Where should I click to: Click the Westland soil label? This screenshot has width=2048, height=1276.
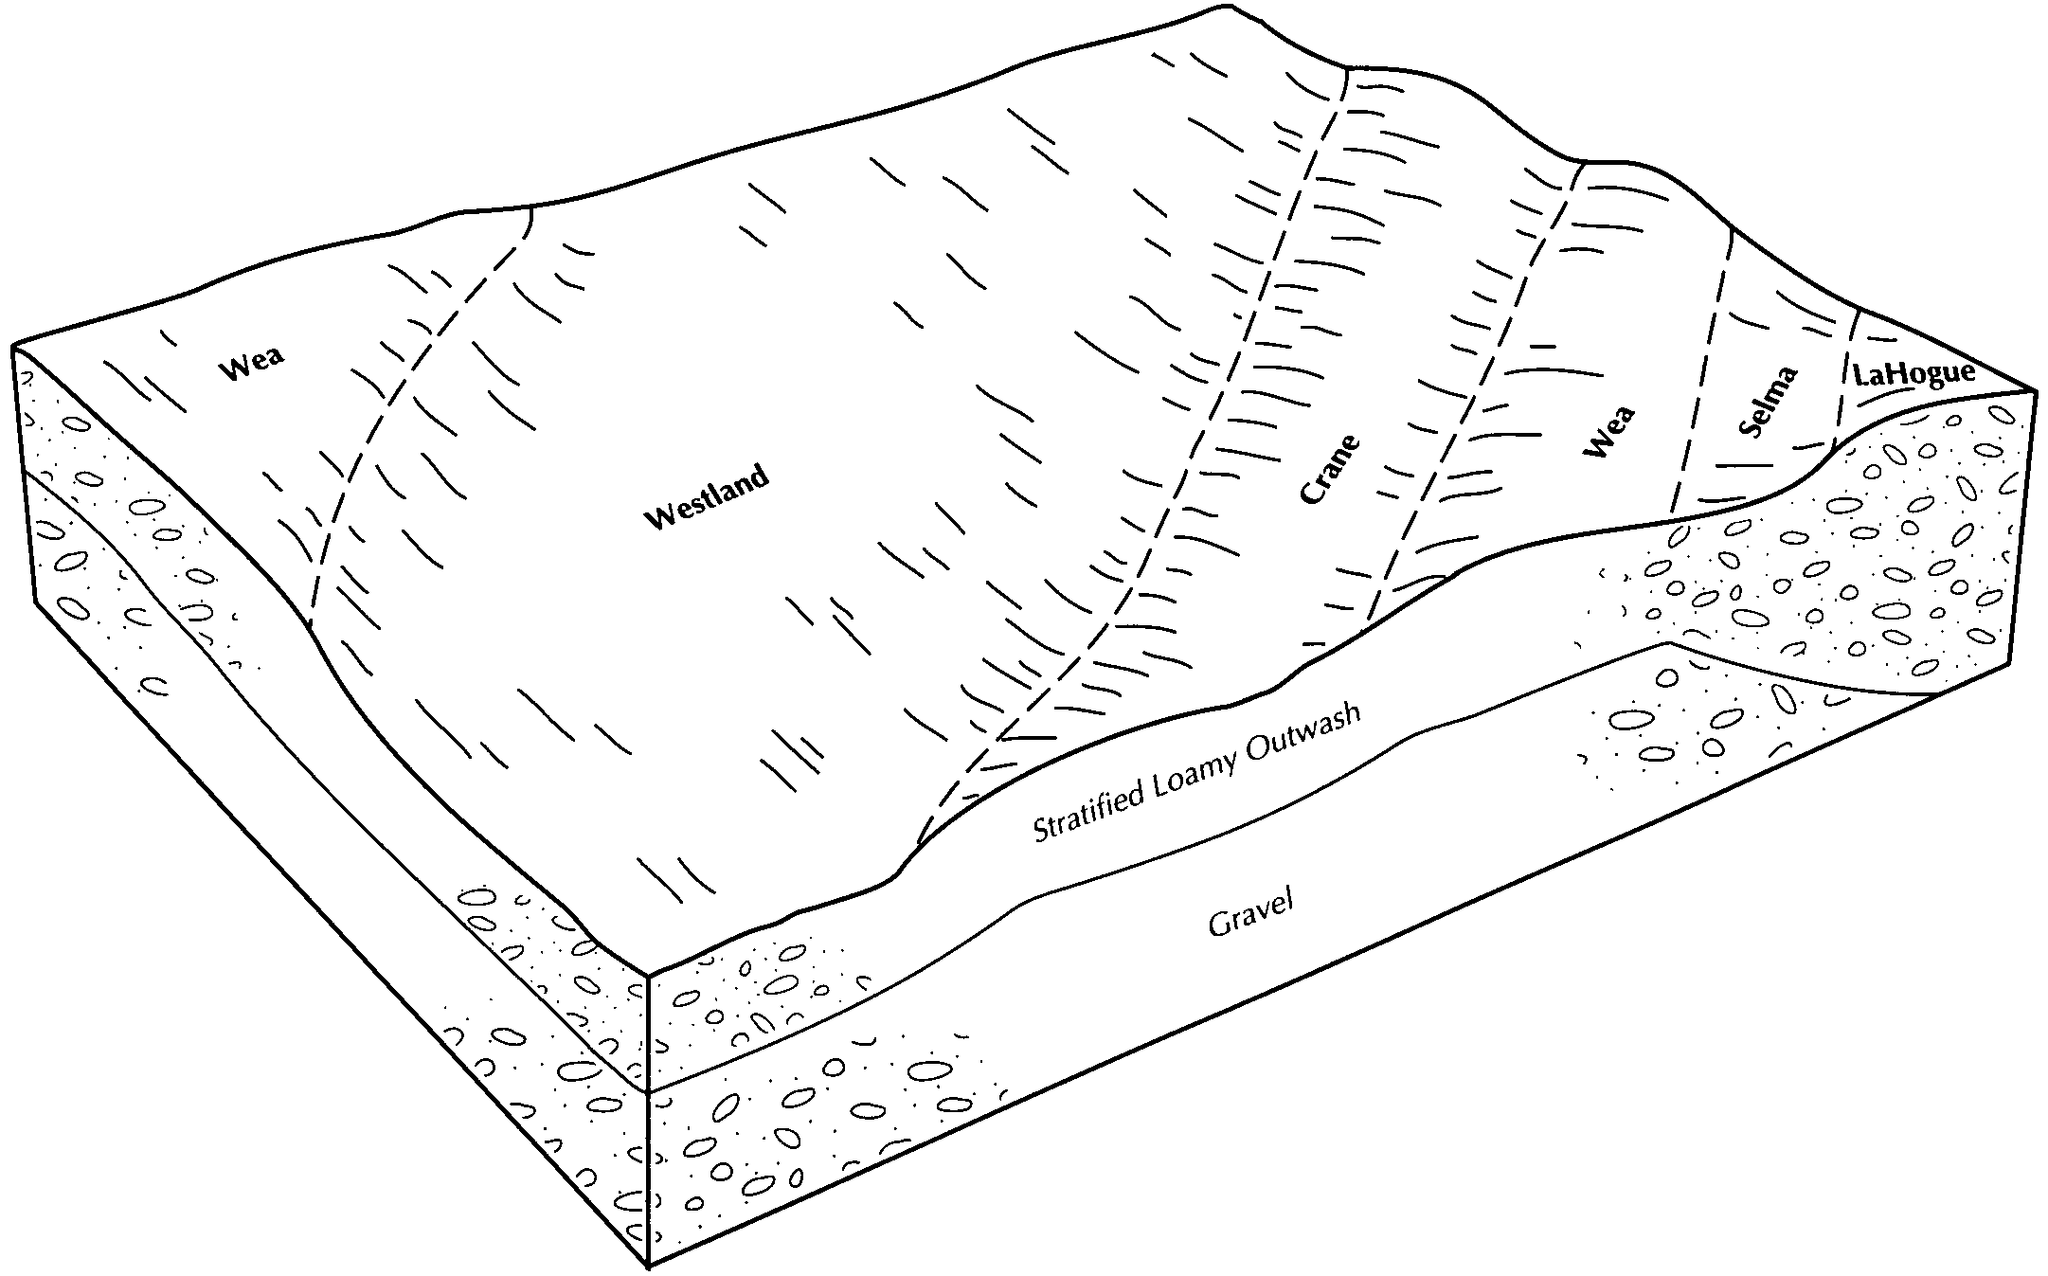(x=707, y=497)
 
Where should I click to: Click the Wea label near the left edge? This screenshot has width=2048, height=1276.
(x=252, y=365)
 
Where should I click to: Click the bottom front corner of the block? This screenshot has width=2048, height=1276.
(x=648, y=1267)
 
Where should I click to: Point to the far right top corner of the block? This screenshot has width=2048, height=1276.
(x=2034, y=389)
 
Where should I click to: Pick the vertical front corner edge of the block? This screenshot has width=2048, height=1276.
(x=648, y=1118)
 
